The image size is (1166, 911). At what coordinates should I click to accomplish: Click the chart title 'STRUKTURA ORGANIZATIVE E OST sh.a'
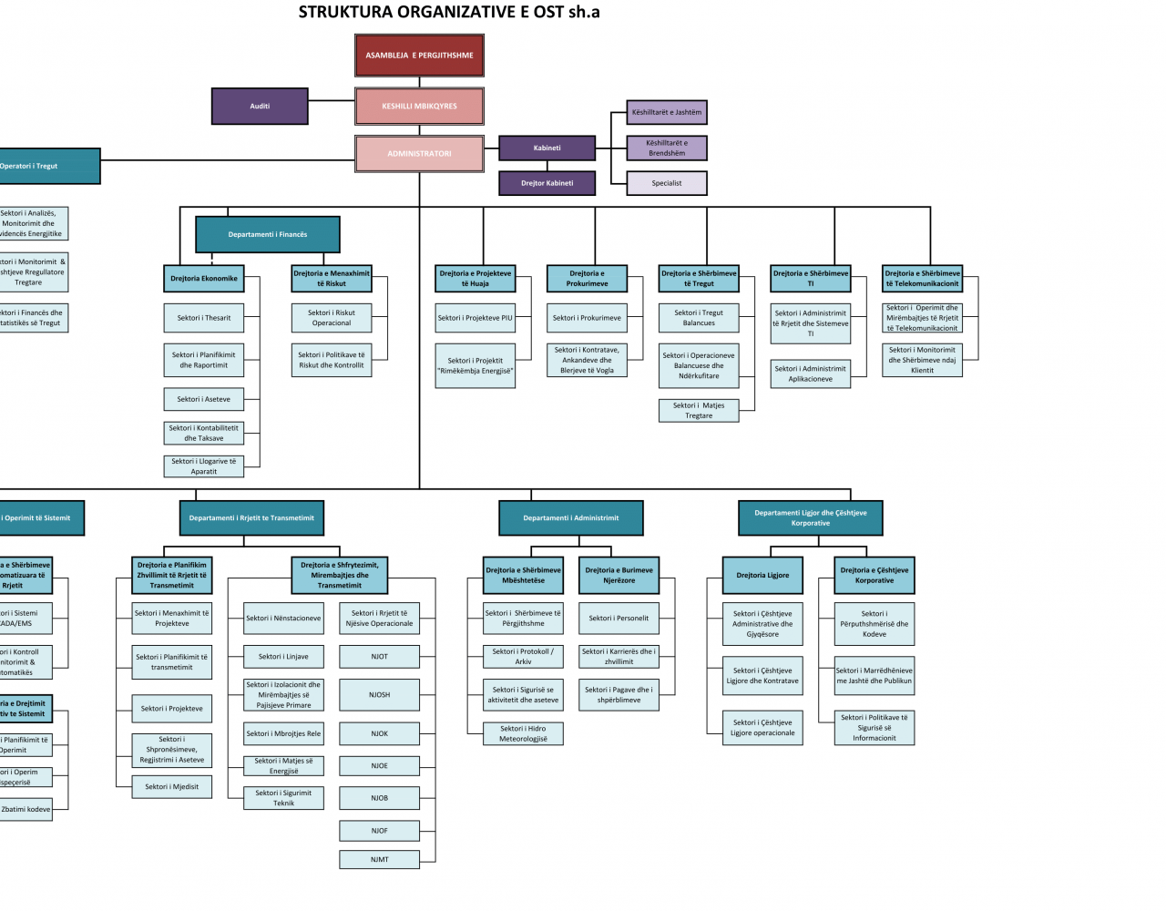point(449,13)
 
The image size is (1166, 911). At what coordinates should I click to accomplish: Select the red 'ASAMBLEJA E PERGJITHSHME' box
point(419,56)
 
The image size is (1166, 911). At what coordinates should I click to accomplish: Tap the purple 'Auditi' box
point(260,107)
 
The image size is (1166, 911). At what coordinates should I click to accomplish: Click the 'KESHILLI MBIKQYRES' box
point(419,107)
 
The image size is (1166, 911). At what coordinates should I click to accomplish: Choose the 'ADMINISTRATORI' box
point(419,154)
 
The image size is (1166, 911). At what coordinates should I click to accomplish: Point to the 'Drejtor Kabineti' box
point(547,183)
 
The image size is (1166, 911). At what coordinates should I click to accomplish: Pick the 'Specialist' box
point(667,183)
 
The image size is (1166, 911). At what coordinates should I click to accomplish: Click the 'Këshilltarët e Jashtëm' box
point(667,113)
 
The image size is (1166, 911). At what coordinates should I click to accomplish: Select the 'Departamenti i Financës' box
point(268,235)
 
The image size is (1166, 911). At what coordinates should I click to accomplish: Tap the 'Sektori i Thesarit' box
point(204,318)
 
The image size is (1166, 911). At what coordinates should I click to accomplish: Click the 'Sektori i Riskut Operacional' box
point(332,318)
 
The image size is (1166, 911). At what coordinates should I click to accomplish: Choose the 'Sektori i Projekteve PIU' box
point(476,318)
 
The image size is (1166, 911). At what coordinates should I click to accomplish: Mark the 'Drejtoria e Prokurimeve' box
point(587,279)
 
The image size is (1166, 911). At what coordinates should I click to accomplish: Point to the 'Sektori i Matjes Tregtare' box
point(699,411)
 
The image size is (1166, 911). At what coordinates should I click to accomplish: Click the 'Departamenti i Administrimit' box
point(571,518)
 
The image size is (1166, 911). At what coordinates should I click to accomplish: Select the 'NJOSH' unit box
point(380,695)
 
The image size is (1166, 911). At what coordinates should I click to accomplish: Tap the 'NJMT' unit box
point(380,860)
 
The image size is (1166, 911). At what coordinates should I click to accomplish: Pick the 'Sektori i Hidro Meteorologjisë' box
point(524,733)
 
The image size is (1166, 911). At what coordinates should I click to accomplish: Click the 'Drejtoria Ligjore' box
point(763,576)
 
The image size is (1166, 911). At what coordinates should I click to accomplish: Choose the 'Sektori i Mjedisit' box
point(172,787)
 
